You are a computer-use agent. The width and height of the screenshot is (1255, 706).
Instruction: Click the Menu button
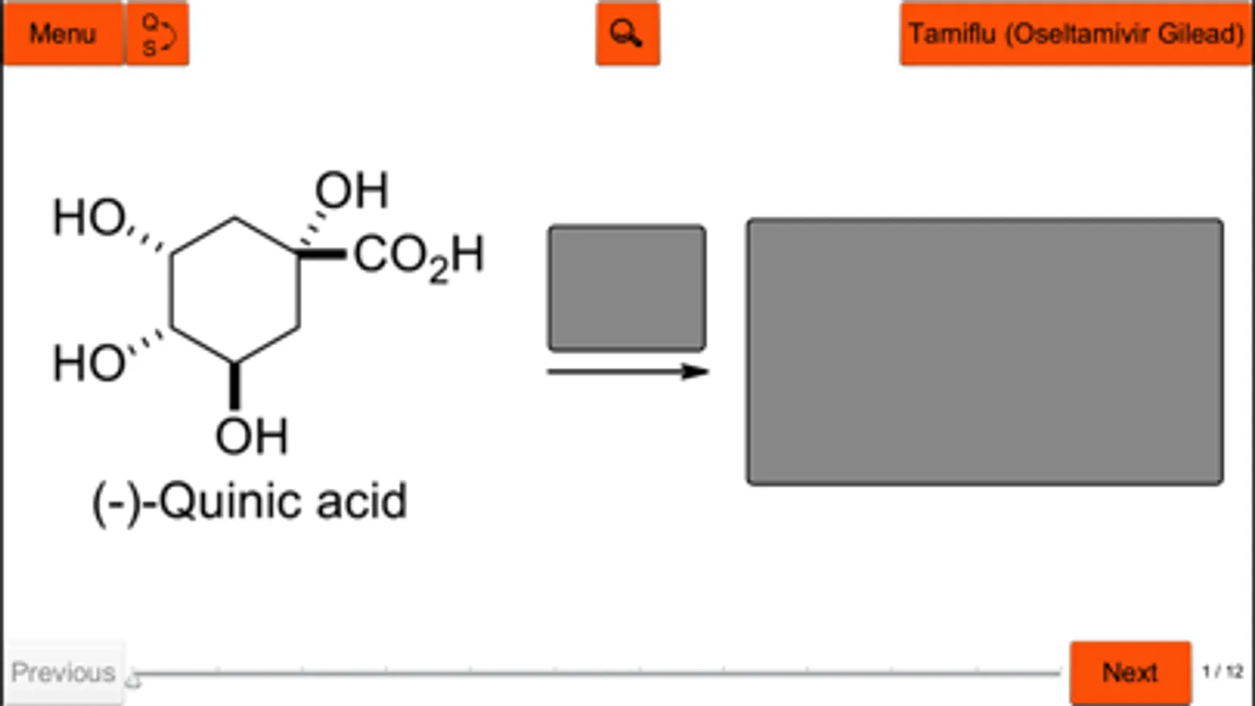(63, 34)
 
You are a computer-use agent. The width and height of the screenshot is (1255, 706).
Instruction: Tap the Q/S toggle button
(158, 34)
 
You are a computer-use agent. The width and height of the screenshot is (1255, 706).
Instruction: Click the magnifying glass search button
(627, 34)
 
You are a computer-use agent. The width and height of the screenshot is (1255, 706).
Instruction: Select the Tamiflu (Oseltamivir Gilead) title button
(1075, 34)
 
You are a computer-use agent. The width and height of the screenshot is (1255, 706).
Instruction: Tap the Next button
(1129, 672)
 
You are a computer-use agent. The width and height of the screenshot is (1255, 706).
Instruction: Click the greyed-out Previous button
(64, 672)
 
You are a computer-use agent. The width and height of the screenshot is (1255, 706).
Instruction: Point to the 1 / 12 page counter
(1222, 671)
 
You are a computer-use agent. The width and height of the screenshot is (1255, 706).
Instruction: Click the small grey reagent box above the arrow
(626, 288)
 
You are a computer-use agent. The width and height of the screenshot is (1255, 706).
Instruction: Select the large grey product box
(984, 351)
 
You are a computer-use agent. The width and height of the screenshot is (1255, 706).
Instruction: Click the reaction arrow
(627, 371)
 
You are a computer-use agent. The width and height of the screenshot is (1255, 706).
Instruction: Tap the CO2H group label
(418, 257)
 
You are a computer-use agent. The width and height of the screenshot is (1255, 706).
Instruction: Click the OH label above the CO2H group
(352, 191)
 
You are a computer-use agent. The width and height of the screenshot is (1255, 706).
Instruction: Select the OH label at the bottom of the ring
(252, 436)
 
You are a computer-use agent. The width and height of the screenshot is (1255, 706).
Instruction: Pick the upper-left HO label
(89, 217)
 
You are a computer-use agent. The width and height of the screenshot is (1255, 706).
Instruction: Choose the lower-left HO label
(89, 363)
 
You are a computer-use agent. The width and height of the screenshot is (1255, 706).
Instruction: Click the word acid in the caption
(362, 501)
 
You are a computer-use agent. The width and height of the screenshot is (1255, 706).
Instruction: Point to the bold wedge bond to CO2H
(322, 253)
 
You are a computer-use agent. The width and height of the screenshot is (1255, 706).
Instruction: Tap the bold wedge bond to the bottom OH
(234, 386)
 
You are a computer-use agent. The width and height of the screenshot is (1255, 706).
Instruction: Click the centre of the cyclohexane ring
(235, 290)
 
